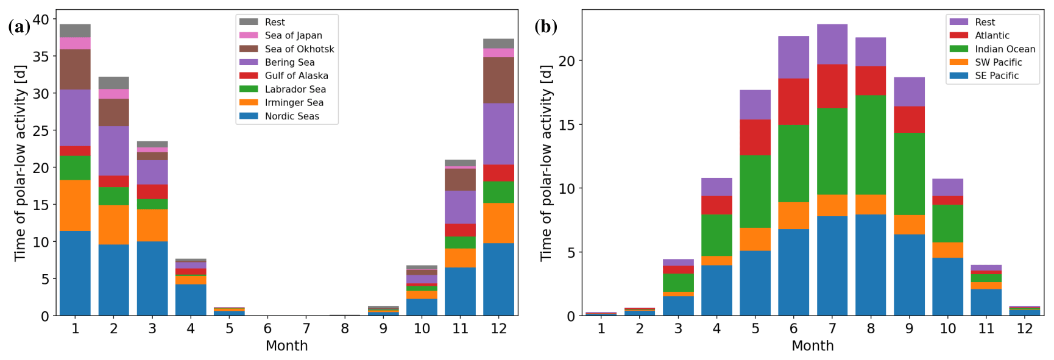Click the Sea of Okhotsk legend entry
299,49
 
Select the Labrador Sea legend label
295,89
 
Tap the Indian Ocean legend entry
1005,49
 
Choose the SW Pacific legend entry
998,62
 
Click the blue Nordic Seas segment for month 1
75,273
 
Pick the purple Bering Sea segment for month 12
498,134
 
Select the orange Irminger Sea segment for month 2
113,225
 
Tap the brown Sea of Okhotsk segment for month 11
460,180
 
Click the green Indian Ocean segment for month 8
871,145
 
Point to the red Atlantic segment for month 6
793,102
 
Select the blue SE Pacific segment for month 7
832,266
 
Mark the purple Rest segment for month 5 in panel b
755,105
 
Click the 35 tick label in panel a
41,57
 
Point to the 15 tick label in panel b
567,125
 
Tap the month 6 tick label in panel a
267,329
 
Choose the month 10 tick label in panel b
947,329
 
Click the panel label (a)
19,27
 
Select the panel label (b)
545,27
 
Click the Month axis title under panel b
812,346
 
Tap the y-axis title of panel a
20,163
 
